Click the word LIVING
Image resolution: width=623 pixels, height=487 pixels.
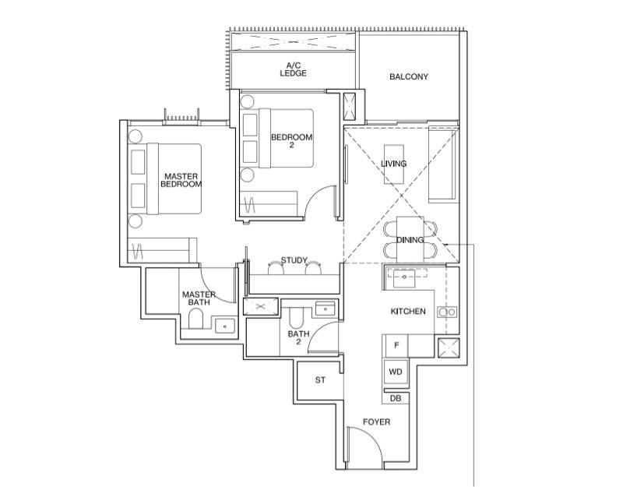click(x=393, y=164)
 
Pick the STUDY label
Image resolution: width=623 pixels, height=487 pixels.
click(x=294, y=260)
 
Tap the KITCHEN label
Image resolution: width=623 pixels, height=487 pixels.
click(x=408, y=312)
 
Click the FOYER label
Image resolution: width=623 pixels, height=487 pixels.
click(x=376, y=422)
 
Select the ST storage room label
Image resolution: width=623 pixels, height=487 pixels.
click(x=320, y=381)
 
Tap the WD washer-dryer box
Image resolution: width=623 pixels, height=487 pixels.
click(x=396, y=372)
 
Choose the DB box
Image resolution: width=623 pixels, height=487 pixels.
click(x=396, y=398)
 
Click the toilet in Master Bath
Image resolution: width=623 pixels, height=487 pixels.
click(x=196, y=319)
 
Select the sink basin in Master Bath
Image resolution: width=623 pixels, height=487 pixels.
click(x=226, y=326)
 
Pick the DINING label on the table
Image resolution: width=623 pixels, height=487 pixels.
click(x=410, y=240)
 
